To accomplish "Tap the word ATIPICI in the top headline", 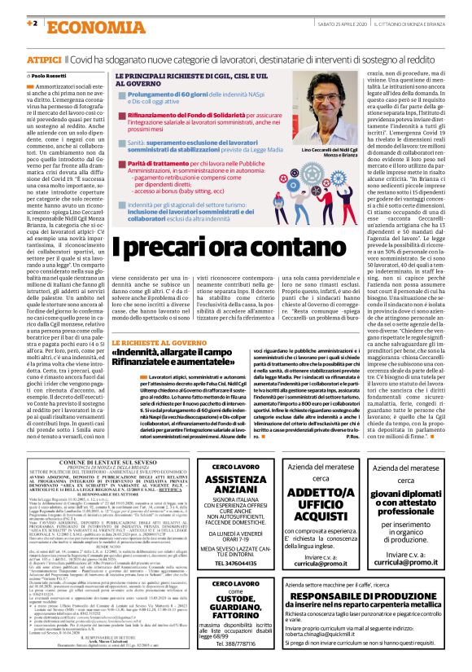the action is click(x=44, y=60).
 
